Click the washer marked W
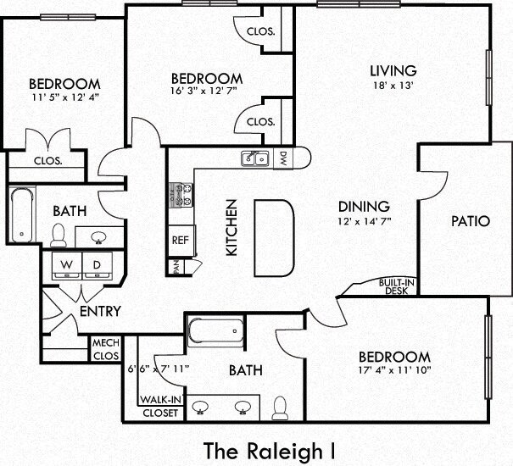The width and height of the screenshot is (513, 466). [67, 265]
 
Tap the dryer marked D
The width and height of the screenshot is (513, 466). [98, 265]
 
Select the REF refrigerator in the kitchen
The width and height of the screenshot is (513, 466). [181, 241]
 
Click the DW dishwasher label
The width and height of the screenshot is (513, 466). [283, 158]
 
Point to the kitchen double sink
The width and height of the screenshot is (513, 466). [255, 158]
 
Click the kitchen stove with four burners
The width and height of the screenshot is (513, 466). [181, 195]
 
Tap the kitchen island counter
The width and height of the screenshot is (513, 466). [274, 238]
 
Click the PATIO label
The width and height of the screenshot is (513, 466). [471, 221]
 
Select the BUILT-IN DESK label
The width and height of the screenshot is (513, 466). [397, 286]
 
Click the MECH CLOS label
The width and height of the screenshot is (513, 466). [106, 349]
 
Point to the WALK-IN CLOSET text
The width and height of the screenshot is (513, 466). [160, 406]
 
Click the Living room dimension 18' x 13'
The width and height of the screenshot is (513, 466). [394, 86]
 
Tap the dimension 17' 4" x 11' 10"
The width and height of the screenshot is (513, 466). [394, 370]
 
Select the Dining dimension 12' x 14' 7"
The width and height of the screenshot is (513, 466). [365, 221]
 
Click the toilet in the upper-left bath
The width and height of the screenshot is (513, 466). [59, 236]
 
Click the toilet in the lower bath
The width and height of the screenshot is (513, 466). [280, 408]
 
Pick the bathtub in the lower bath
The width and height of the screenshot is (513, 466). [215, 332]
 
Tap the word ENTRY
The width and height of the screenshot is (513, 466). [100, 311]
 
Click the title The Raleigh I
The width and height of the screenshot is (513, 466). [270, 451]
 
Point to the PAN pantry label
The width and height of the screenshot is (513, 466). [176, 267]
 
